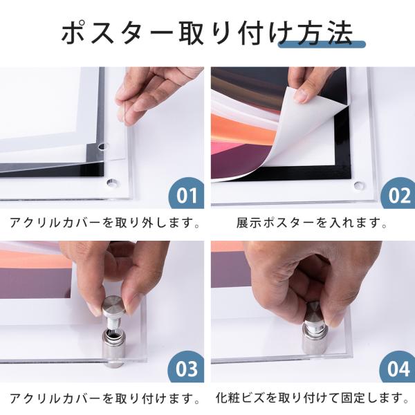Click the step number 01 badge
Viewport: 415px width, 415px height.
(186, 194)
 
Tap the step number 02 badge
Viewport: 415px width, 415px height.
(398, 194)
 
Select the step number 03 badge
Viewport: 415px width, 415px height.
(186, 367)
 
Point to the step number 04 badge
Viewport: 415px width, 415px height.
(398, 367)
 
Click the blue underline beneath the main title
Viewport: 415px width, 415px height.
(322, 44)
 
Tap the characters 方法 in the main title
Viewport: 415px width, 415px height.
(325, 33)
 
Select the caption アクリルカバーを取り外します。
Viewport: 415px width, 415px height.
(104, 223)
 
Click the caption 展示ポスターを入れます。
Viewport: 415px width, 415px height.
(312, 223)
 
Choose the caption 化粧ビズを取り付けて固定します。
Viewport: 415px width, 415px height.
(313, 398)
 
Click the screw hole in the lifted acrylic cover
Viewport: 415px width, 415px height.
(102, 146)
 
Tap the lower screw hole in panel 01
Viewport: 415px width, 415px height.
(113, 183)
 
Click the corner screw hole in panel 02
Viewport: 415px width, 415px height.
(359, 185)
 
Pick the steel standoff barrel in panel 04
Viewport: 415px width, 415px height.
(315, 340)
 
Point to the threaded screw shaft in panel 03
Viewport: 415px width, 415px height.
(113, 323)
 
